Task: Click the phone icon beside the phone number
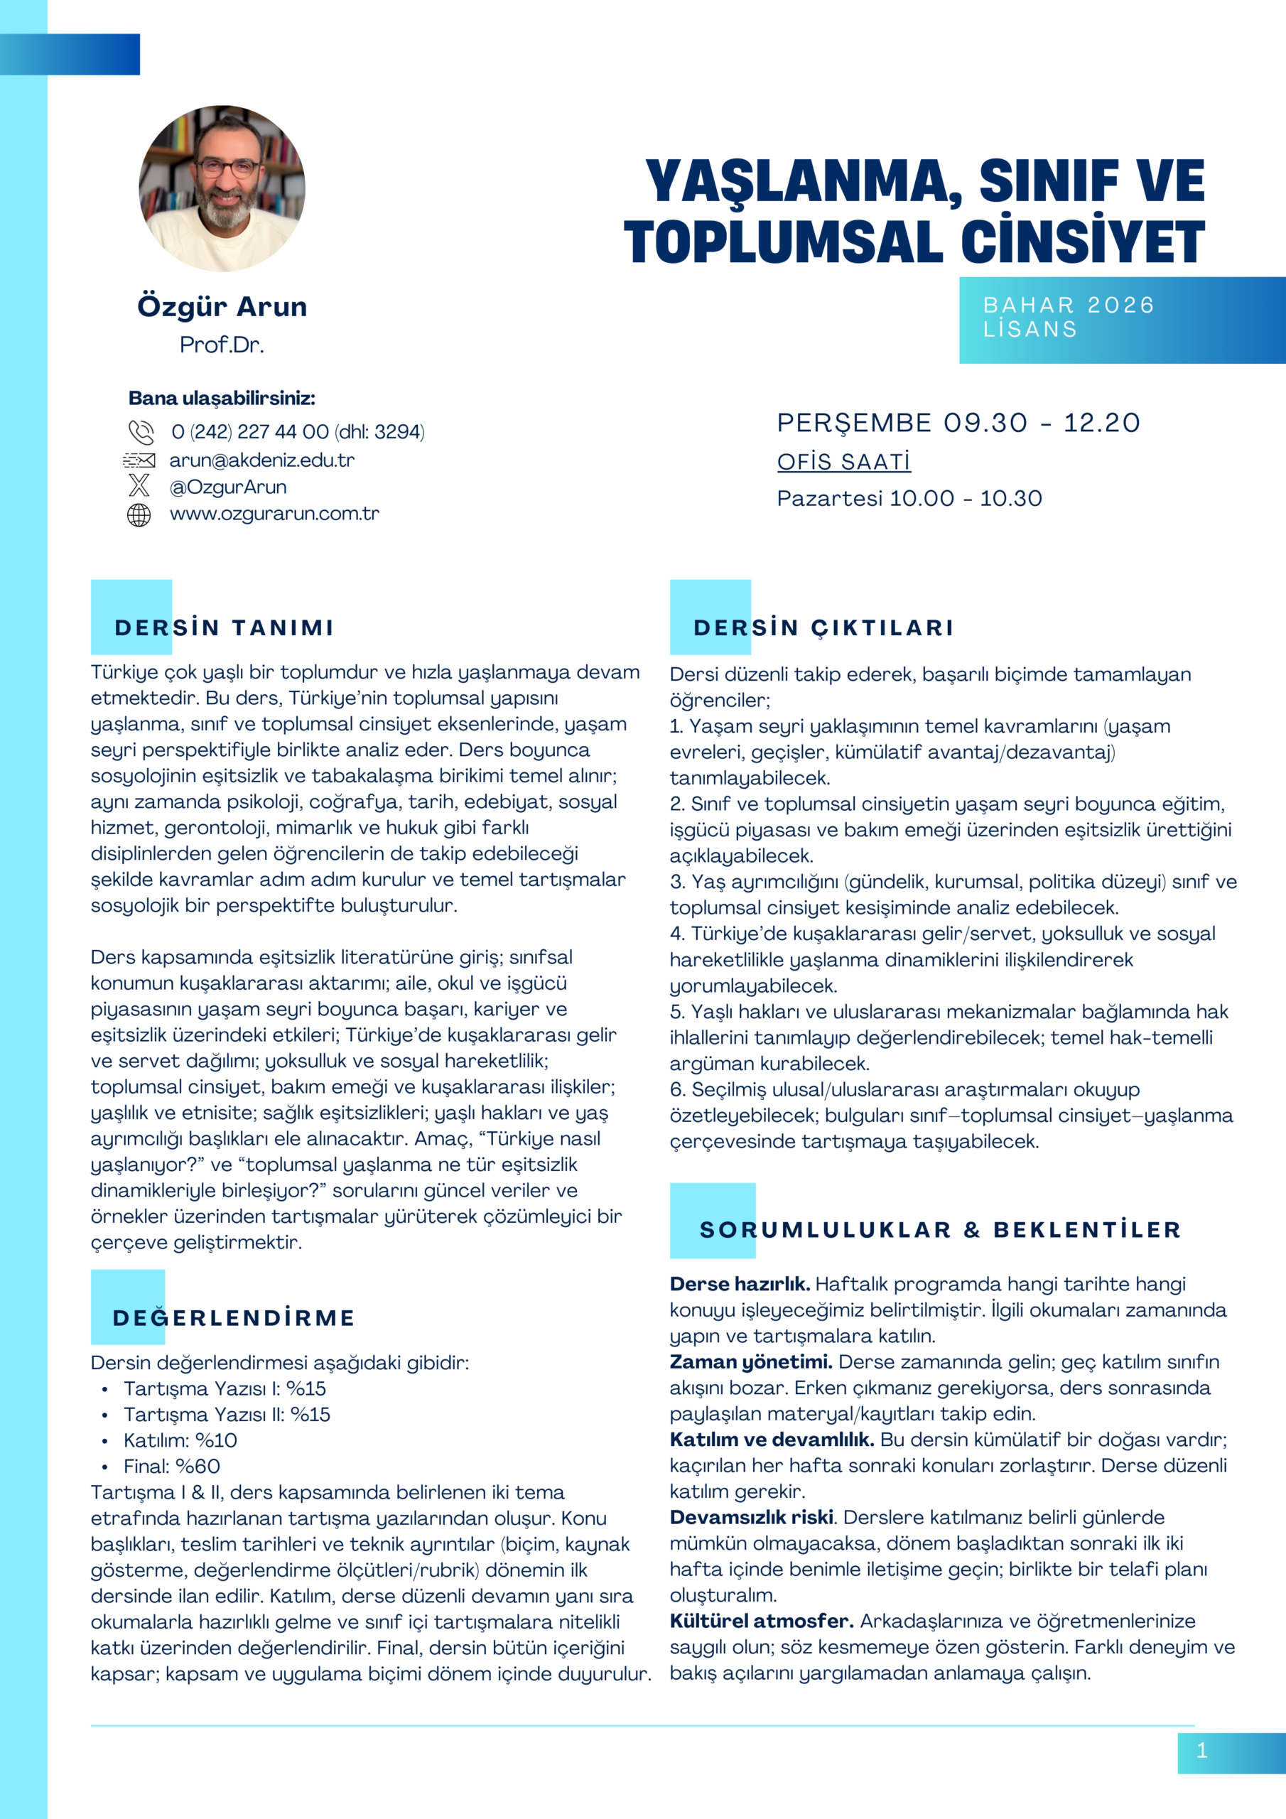[x=141, y=432]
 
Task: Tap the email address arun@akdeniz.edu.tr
[x=261, y=460]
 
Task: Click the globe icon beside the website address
[x=139, y=515]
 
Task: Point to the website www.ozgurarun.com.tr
[x=274, y=514]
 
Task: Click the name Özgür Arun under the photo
[x=222, y=306]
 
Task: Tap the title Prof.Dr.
[x=222, y=345]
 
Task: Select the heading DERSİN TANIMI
[x=225, y=627]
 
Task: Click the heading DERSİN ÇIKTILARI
[x=824, y=627]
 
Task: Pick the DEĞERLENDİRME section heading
[x=234, y=1317]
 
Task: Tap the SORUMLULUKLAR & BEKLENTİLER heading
[x=941, y=1229]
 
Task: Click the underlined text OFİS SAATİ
[x=844, y=462]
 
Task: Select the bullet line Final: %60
[x=171, y=1466]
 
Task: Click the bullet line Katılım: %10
[x=180, y=1440]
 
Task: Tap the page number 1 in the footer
[x=1202, y=1750]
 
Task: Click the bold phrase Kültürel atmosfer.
[x=762, y=1621]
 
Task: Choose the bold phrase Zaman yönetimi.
[x=750, y=1362]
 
